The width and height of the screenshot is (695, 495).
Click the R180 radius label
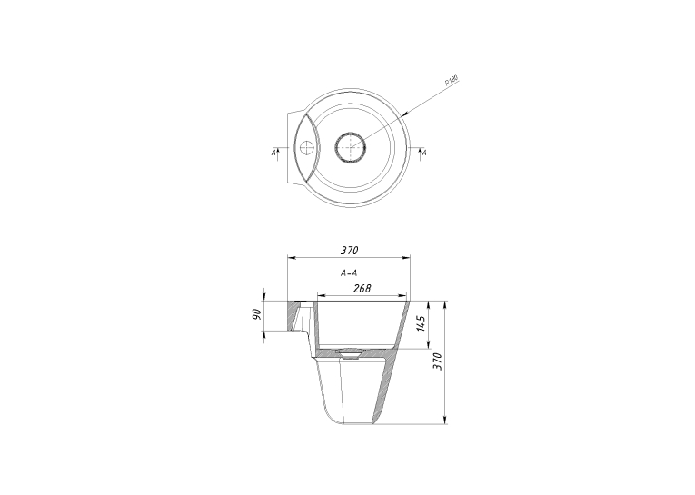coord(452,80)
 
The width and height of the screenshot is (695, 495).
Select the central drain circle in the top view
coord(350,147)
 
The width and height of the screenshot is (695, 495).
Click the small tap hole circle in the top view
coord(306,146)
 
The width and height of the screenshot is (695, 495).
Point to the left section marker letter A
coord(273,153)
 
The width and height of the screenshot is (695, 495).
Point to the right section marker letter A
coord(424,153)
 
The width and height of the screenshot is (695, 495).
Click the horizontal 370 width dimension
coord(349,251)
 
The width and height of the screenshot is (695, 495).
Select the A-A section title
coord(349,273)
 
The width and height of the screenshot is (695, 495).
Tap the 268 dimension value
coord(362,289)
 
